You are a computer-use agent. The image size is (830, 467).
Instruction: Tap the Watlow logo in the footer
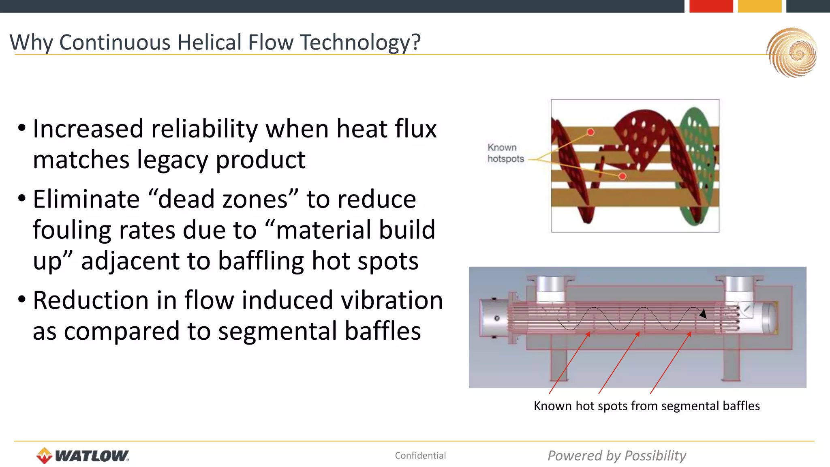coord(83,456)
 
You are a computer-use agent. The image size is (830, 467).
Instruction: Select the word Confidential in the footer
coord(420,456)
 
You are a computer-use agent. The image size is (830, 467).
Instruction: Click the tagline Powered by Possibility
coord(616,456)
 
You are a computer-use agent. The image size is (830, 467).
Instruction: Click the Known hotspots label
coord(505,153)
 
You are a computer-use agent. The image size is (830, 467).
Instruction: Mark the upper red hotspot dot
coord(590,132)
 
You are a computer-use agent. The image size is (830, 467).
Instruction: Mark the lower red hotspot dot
coord(622,176)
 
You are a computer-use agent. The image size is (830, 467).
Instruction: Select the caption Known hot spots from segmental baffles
coord(646,406)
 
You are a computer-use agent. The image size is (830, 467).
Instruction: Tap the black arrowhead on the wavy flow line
coord(703,313)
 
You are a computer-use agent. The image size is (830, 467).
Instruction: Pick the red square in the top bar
coord(711,6)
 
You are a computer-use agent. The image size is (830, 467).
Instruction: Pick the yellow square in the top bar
coord(759,6)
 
